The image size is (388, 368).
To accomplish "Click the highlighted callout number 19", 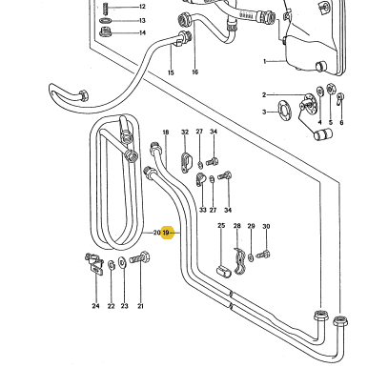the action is (166, 233).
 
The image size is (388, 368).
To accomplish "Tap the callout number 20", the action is (156, 233).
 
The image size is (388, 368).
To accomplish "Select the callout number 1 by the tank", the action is (265, 61).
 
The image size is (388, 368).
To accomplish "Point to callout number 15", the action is (171, 72).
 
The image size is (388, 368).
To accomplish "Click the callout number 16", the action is (195, 72).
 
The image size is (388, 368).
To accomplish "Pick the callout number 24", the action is (95, 306).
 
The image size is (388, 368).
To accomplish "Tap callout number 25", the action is (221, 225).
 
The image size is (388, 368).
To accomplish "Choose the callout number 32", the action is (185, 132).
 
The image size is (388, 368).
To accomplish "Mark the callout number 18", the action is (166, 133).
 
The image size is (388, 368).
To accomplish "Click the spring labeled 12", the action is (106, 9).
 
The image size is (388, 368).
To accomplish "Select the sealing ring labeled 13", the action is (106, 21).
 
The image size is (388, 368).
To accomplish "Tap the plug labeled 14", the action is (105, 32).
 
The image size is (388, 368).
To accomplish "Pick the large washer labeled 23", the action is (122, 262).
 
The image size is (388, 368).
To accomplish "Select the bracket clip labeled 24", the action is (94, 263).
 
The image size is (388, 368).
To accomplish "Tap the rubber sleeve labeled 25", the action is (224, 273).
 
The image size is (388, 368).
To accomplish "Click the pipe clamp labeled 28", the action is (239, 261).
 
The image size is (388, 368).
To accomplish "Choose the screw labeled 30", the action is (263, 255).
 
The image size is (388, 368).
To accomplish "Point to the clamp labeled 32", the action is (186, 162).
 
